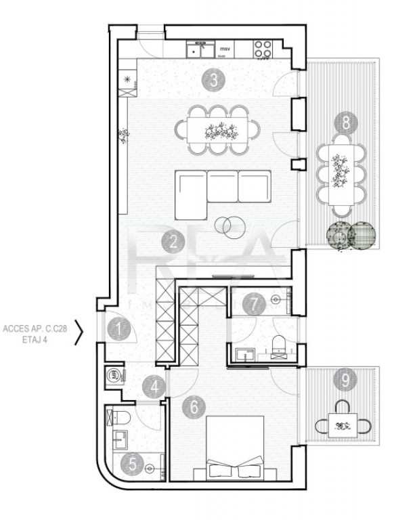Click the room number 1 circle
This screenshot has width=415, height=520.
pos(119,330)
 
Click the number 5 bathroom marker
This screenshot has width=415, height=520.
pos(132,464)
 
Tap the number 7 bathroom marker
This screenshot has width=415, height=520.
pos(254,304)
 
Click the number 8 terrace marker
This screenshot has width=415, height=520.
pos(345,123)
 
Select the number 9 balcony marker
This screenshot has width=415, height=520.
pos(345,381)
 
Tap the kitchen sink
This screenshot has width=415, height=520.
pos(198,49)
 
